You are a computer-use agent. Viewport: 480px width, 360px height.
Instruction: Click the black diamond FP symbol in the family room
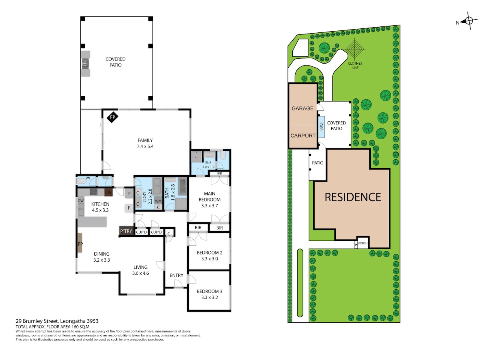pyautogui.click(x=112, y=117)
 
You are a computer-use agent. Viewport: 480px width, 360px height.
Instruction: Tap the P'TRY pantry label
pyautogui.click(x=126, y=231)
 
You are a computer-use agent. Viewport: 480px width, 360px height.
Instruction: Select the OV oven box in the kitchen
pyautogui.click(x=108, y=192)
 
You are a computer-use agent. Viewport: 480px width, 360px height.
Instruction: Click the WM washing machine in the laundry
pyautogui.click(x=158, y=201)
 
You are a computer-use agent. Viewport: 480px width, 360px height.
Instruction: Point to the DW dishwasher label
pyautogui.click(x=81, y=200)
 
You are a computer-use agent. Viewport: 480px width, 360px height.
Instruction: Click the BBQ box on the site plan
pyautogui.click(x=321, y=127)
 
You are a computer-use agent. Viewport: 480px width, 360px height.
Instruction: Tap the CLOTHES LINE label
pyautogui.click(x=355, y=66)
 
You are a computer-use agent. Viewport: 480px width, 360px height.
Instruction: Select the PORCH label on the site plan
pyautogui.click(x=363, y=243)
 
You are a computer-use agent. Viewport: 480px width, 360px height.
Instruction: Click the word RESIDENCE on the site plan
pyautogui.click(x=353, y=197)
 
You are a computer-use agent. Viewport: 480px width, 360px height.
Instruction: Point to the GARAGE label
pyautogui.click(x=302, y=108)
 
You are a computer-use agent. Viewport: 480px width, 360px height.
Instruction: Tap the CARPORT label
pyautogui.click(x=303, y=136)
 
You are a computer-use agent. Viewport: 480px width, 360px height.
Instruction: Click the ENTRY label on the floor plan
pyautogui.click(x=176, y=275)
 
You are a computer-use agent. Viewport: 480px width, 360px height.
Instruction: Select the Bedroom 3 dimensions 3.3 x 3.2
pyautogui.click(x=210, y=297)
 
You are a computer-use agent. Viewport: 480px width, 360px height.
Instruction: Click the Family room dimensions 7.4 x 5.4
pyautogui.click(x=145, y=146)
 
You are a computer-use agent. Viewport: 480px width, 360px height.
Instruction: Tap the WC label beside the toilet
pyautogui.click(x=88, y=178)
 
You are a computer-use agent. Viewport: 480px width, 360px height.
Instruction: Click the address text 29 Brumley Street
pyautogui.click(x=37, y=321)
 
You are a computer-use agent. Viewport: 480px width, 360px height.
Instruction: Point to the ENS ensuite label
pyautogui.click(x=208, y=163)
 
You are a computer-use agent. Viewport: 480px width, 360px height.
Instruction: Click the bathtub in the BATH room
pyautogui.click(x=182, y=186)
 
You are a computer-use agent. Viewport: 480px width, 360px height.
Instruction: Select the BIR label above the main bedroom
pyautogui.click(x=220, y=173)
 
